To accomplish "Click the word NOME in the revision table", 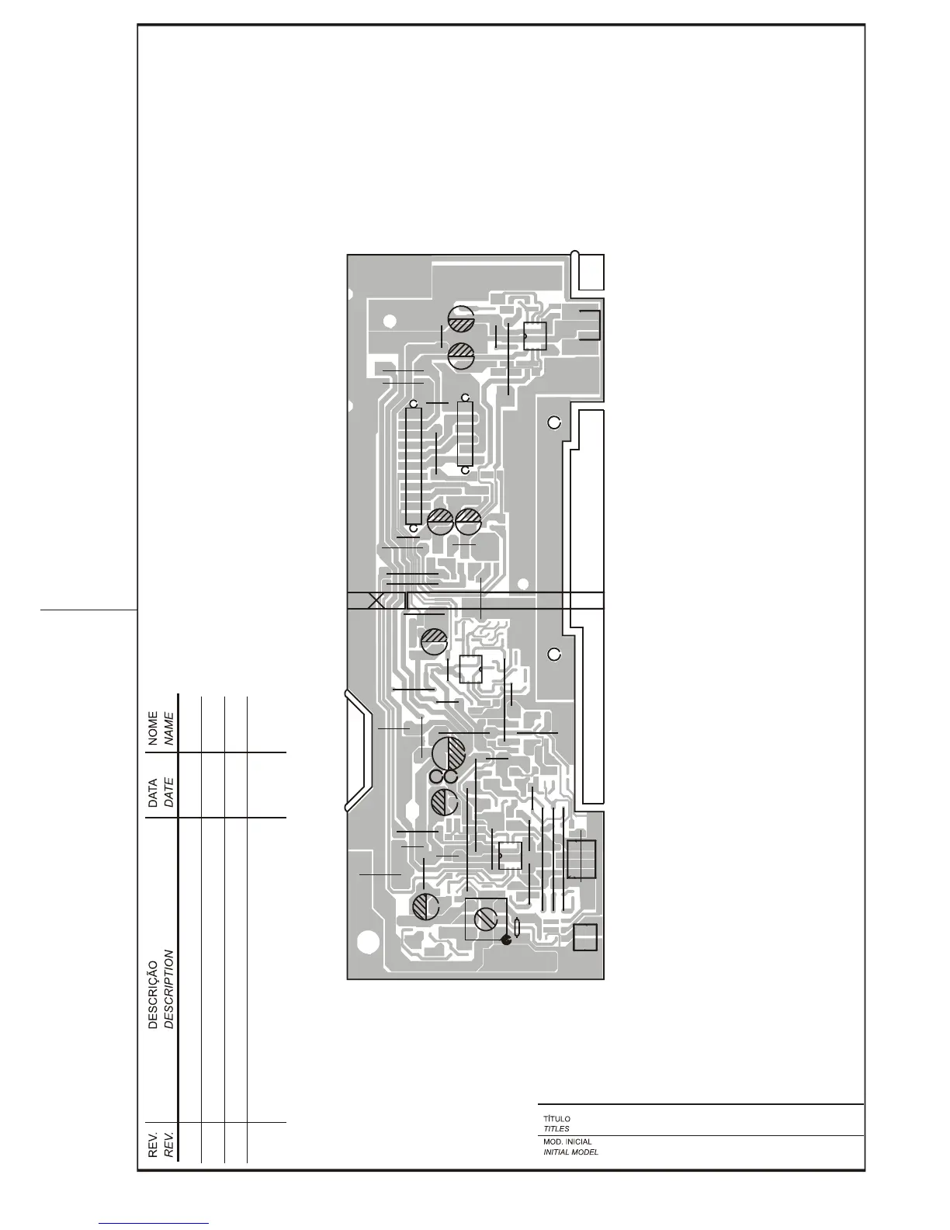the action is click(153, 728).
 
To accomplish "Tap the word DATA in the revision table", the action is click(153, 794).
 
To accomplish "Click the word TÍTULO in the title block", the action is click(556, 1119).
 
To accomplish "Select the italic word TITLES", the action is click(556, 1128).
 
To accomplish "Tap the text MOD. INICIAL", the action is click(567, 1142).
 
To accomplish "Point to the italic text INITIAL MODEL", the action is click(570, 1152).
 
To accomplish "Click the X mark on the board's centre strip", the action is click(376, 601).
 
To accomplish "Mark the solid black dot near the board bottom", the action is click(507, 940).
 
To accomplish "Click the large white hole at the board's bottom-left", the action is click(368, 942).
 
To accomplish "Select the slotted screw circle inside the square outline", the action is click(486, 919).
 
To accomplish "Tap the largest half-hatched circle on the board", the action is click(449, 753).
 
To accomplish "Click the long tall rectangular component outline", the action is click(413, 466).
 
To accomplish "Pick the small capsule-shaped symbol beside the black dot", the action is click(517, 926).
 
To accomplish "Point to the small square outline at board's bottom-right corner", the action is click(585, 937).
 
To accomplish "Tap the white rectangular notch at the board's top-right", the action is click(591, 272).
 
